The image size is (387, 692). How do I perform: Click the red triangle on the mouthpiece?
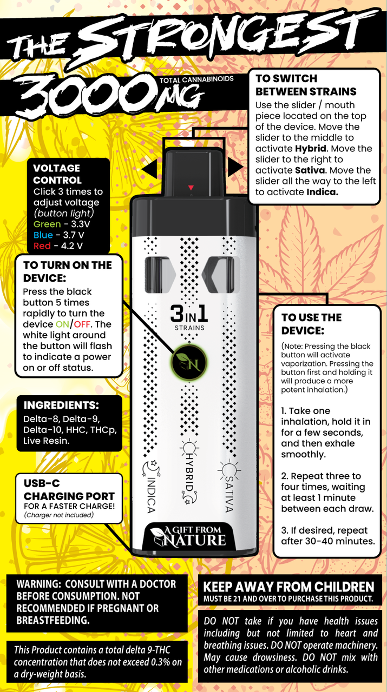(x=191, y=188)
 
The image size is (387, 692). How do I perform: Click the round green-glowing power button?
(x=189, y=362)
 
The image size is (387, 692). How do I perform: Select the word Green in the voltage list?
(x=47, y=224)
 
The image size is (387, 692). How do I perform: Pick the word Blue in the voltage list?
(x=43, y=235)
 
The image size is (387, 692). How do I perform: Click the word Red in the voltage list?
(x=42, y=246)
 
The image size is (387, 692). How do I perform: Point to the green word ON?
(x=62, y=324)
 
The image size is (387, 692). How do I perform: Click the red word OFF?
(x=82, y=324)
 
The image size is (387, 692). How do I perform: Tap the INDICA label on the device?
(x=150, y=487)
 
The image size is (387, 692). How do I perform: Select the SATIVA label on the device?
(x=229, y=487)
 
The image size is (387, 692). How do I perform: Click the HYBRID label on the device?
(x=189, y=471)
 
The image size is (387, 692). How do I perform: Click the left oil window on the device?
(x=160, y=274)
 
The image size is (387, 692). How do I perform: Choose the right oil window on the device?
(x=219, y=274)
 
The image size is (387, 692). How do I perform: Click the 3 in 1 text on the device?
(x=189, y=314)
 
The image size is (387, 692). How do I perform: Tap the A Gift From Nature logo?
(x=188, y=537)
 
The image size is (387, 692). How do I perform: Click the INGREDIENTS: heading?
(x=61, y=405)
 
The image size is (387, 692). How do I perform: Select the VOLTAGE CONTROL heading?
(x=57, y=174)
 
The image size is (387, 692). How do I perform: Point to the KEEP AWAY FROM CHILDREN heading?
(x=288, y=587)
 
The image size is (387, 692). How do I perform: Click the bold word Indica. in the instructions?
(x=323, y=192)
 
